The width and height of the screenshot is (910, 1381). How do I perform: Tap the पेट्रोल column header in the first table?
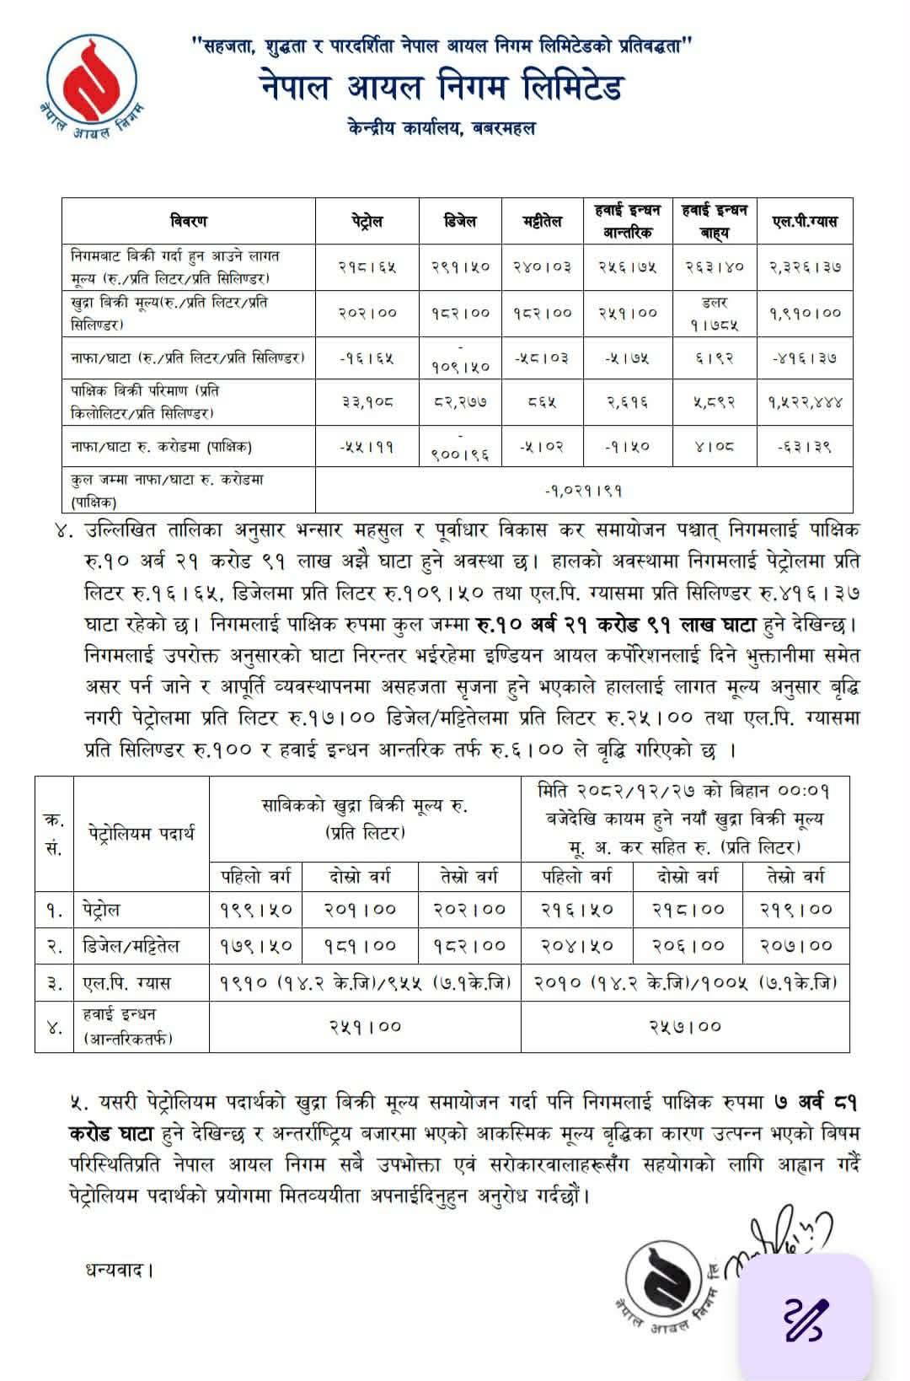coord(367,221)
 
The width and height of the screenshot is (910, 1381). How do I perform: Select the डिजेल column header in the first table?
coord(460,221)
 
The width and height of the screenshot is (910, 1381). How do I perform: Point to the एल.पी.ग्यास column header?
coord(805,221)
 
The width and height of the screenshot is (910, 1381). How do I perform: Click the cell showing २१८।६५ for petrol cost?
coord(367,266)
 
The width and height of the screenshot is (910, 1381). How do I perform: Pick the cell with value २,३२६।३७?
coord(805,266)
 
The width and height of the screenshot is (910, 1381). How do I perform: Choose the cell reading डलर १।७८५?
coord(715,312)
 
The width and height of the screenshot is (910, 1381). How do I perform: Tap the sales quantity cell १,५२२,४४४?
coord(805,402)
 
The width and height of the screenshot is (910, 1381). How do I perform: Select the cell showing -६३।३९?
coord(805,446)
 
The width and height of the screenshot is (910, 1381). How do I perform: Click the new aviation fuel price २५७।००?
coord(685,1026)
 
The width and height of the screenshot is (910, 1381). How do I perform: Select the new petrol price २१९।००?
coord(795,909)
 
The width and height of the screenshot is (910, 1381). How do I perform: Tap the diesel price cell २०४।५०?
coord(576,945)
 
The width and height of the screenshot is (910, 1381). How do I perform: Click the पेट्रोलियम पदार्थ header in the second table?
coord(141,834)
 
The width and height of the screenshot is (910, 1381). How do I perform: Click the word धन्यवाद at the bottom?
coord(119,1269)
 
